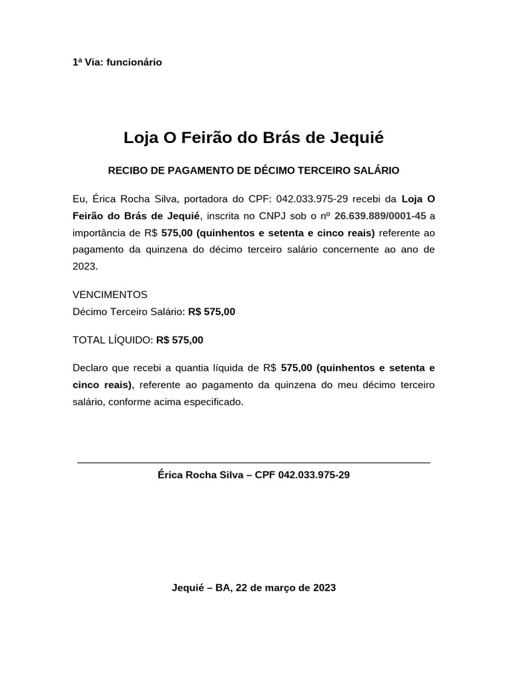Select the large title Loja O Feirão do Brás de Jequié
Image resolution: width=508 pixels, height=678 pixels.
pos(253,138)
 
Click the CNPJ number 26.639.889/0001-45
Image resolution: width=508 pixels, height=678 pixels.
pos(380,216)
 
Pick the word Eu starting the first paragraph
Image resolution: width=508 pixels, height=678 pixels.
pos(79,199)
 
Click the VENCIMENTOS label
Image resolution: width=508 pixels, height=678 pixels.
pos(110,295)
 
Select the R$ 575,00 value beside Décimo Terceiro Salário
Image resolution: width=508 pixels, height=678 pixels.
pos(212,312)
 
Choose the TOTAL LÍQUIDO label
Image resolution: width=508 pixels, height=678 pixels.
pos(112,340)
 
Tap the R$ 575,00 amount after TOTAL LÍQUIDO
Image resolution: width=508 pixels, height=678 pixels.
pos(180,340)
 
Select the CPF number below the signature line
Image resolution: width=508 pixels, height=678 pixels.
pos(314,475)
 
